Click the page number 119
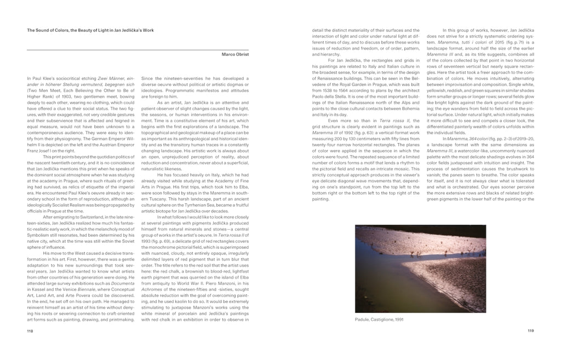click(530, 331)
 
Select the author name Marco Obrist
click(236, 54)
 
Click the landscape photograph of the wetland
click(420, 268)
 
